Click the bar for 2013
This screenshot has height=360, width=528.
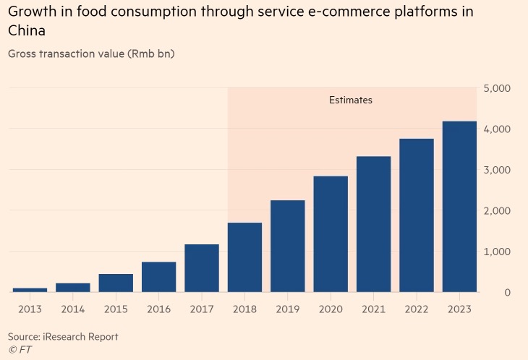click(x=30, y=289)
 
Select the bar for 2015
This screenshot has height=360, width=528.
click(x=116, y=283)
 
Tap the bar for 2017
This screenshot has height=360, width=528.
click(x=202, y=268)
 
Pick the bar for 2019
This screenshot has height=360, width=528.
click(x=288, y=246)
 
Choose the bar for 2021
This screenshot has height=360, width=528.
click(x=373, y=224)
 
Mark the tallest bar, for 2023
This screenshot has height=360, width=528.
click(x=459, y=207)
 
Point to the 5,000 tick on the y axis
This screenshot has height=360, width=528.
click(x=497, y=88)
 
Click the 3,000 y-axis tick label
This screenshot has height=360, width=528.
click(x=497, y=170)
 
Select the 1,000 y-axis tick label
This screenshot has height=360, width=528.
click(x=497, y=252)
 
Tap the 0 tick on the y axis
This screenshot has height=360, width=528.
click(x=507, y=293)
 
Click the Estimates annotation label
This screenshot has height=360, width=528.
click(x=351, y=100)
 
